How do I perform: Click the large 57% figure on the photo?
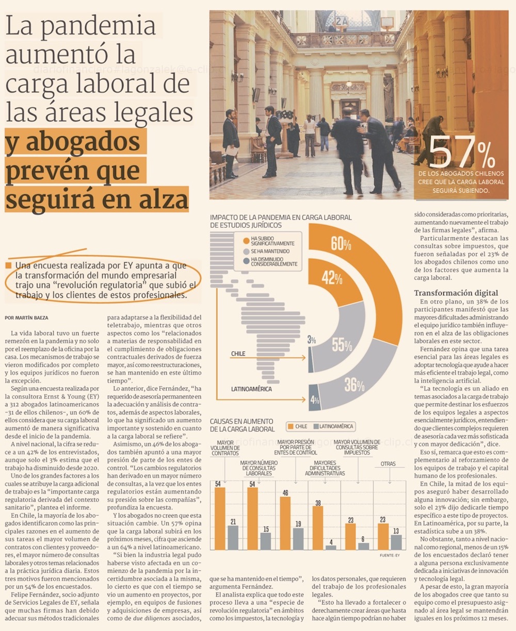coord(462,152)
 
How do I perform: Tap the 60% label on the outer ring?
coord(341,243)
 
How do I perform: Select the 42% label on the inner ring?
coord(332,278)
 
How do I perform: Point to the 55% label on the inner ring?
coord(342,345)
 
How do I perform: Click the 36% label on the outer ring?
coord(354,385)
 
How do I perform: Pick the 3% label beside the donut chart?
coord(312,340)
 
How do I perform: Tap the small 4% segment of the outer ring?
coord(314,397)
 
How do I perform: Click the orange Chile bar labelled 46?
coord(285,523)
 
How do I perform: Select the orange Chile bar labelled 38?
coord(318,528)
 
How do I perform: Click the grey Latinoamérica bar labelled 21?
coord(233,538)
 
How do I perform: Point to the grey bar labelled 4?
coord(331,547)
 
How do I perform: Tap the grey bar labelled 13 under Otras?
coord(396,542)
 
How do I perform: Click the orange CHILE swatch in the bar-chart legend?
coord(290,426)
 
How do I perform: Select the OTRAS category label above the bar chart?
coord(388,464)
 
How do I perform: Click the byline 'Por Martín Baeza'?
coord(26,318)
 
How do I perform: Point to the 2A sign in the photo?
coord(342,21)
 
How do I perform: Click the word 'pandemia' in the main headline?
coord(98,27)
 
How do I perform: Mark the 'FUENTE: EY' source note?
coord(390,555)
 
